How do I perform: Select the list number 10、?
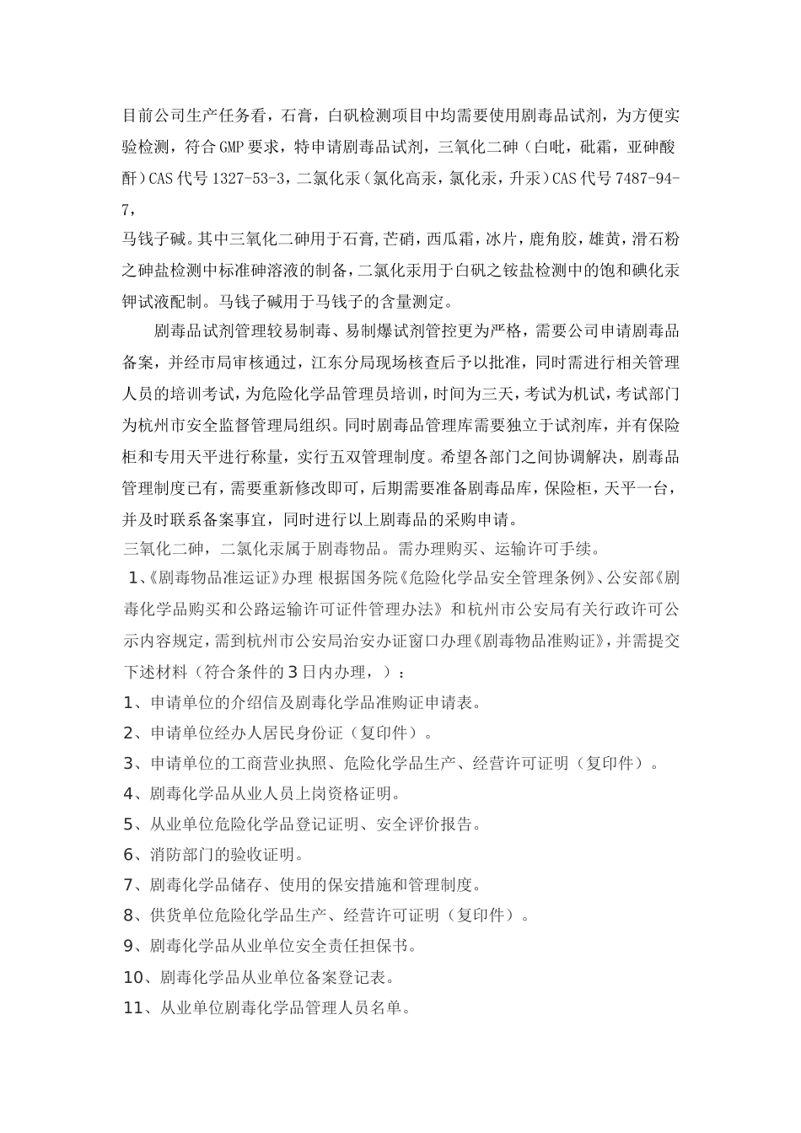click(x=139, y=978)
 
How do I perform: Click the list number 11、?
click(x=139, y=1008)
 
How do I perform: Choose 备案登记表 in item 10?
click(x=356, y=978)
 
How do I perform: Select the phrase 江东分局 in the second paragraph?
click(x=341, y=363)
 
